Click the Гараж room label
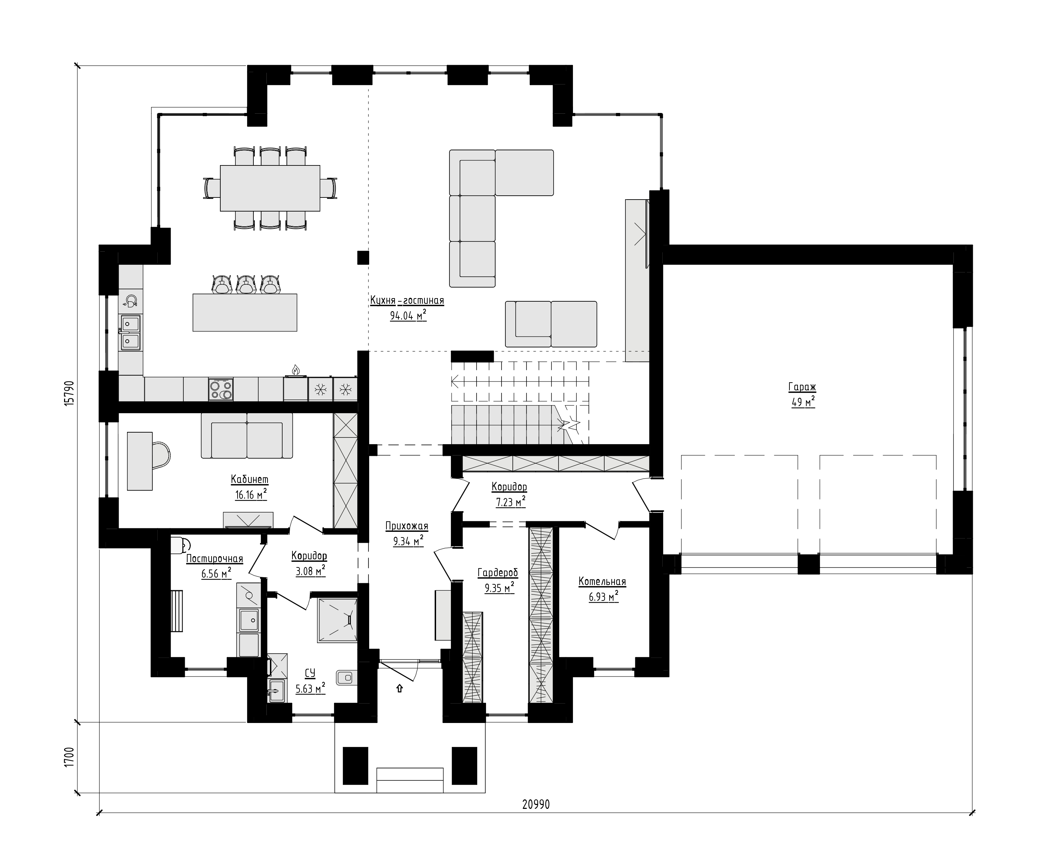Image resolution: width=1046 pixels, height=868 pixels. point(802,387)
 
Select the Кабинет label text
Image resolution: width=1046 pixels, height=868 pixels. point(250,479)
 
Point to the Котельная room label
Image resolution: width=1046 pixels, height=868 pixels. point(602,581)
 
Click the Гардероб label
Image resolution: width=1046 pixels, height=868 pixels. point(498,573)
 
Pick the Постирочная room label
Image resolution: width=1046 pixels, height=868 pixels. point(214,559)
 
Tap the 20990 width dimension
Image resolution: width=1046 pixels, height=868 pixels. point(536,804)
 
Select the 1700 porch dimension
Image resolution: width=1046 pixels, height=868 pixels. point(69,757)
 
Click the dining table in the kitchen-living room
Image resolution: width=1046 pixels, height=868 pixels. point(270,188)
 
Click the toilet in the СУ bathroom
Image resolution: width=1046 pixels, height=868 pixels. point(347,677)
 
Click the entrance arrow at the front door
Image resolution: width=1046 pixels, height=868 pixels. point(399,688)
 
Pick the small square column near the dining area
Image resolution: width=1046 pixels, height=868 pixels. point(363,257)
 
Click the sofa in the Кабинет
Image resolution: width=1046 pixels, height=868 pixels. point(247,435)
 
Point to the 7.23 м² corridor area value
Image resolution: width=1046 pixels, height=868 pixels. point(511,502)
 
